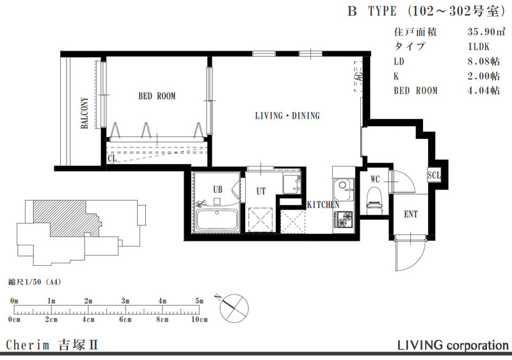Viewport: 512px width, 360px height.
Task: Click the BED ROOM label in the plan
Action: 157,96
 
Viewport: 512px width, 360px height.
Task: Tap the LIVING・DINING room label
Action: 287,116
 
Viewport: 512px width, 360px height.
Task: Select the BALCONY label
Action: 84,113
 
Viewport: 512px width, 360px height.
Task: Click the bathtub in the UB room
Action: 216,220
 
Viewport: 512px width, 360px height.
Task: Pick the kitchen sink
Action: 344,190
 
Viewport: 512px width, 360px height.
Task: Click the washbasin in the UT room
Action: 292,184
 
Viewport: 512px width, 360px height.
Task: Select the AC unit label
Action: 358,77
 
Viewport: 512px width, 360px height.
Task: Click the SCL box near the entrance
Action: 434,175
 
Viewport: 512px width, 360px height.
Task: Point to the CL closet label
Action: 113,159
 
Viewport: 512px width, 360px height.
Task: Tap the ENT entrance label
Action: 411,215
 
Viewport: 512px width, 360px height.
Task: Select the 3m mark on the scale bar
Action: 125,301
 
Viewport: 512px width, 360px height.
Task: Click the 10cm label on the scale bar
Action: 199,319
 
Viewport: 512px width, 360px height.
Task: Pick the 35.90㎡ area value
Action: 486,32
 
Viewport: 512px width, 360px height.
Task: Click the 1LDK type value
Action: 478,47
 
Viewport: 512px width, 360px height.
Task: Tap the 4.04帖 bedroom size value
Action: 484,90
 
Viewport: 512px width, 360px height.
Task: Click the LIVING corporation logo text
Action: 453,345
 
